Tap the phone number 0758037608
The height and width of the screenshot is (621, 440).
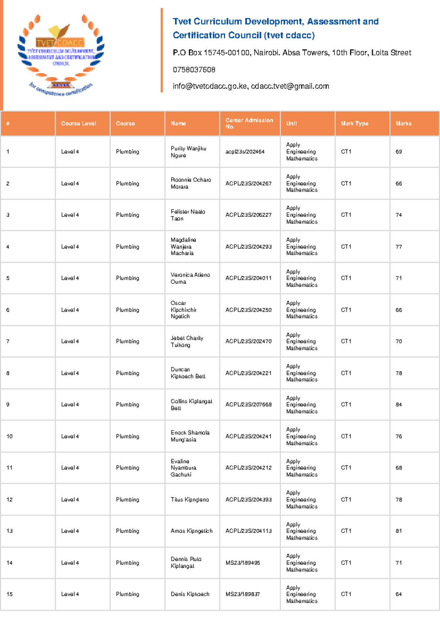tap(194, 70)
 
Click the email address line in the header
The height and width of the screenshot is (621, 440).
tap(251, 86)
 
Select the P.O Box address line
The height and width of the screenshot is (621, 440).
tap(292, 53)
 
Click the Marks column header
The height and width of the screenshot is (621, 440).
tap(403, 123)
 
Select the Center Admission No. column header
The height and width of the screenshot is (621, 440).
tap(249, 123)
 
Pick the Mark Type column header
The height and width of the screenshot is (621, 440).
tap(355, 123)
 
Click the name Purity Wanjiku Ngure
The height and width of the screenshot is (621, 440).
tap(188, 152)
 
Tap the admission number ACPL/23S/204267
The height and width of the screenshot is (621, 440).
tap(248, 183)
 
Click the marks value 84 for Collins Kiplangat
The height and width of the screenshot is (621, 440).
tap(399, 405)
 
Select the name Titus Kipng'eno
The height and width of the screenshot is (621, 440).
tap(190, 499)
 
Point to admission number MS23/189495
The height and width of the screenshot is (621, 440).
tap(242, 563)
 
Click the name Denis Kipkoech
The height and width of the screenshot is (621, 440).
tap(190, 594)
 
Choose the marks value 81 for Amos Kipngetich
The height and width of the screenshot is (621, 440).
tap(399, 531)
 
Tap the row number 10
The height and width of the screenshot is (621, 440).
tap(10, 436)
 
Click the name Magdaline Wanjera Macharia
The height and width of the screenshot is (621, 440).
tap(183, 246)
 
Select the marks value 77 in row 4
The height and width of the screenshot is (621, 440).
tap(399, 247)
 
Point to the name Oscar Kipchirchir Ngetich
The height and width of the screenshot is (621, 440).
tap(183, 310)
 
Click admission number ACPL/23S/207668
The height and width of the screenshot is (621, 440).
tap(248, 405)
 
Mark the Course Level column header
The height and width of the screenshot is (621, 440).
tap(78, 123)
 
